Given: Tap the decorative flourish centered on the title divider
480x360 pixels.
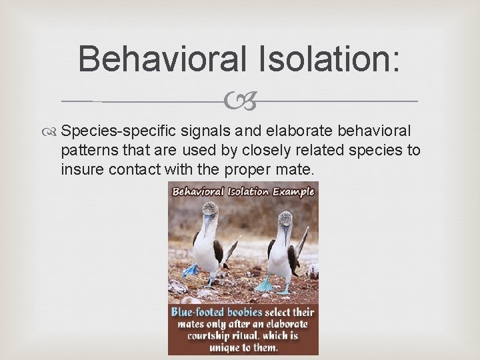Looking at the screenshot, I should click(241, 102).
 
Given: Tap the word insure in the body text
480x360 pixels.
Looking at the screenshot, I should click(79, 169).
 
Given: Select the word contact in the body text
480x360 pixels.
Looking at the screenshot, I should click(126, 169).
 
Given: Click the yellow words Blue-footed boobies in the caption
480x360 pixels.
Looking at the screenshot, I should click(217, 312).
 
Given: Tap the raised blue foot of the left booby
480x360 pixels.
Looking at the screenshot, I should click(191, 271).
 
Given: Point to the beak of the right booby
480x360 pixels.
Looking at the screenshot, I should click(285, 233).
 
